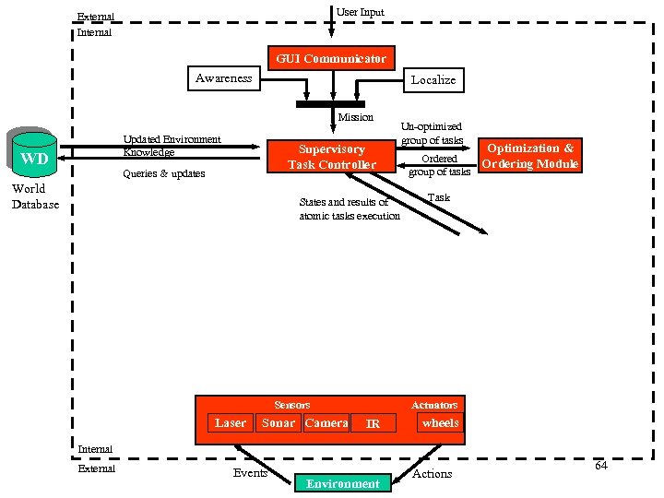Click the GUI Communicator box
click(x=331, y=59)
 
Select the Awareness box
click(x=223, y=78)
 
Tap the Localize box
click(x=433, y=80)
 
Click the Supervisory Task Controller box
click(x=331, y=157)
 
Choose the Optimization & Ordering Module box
click(x=530, y=156)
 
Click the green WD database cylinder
click(x=35, y=156)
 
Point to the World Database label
click(x=35, y=196)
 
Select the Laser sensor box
click(x=230, y=423)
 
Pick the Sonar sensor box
click(x=278, y=423)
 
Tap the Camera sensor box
click(x=326, y=423)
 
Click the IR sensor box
click(x=373, y=424)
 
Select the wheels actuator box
click(x=440, y=423)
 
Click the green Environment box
click(x=342, y=483)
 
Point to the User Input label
click(x=361, y=12)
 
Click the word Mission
click(x=355, y=117)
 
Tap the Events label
click(x=250, y=473)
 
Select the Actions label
click(x=432, y=473)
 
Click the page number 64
click(x=600, y=466)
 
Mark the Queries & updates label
click(x=163, y=173)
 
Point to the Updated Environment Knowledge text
click(x=172, y=146)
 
